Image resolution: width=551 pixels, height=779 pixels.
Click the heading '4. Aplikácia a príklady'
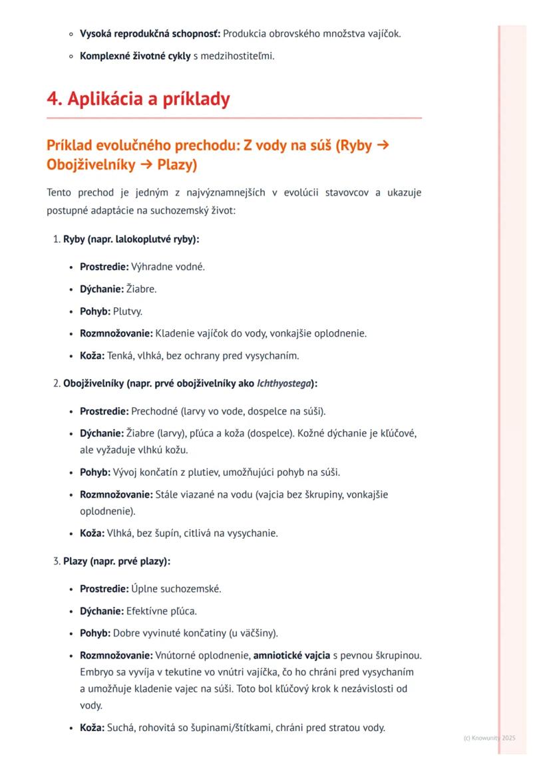pyautogui.click(x=138, y=99)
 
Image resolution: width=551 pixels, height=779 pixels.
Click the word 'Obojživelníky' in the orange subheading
pyautogui.click(x=83, y=164)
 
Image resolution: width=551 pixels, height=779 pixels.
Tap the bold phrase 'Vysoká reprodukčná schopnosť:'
pyautogui.click(x=150, y=33)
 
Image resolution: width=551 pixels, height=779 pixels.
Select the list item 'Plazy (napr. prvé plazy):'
pyautogui.click(x=116, y=561)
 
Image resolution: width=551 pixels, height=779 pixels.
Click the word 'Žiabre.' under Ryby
pyautogui.click(x=143, y=289)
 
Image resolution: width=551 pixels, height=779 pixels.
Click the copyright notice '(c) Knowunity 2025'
pyautogui.click(x=489, y=738)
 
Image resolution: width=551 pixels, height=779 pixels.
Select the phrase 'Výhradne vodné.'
pyautogui.click(x=168, y=267)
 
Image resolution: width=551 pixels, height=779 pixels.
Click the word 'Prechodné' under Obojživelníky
pyautogui.click(x=153, y=411)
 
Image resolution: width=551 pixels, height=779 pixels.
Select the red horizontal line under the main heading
pyautogui.click(x=234, y=118)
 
